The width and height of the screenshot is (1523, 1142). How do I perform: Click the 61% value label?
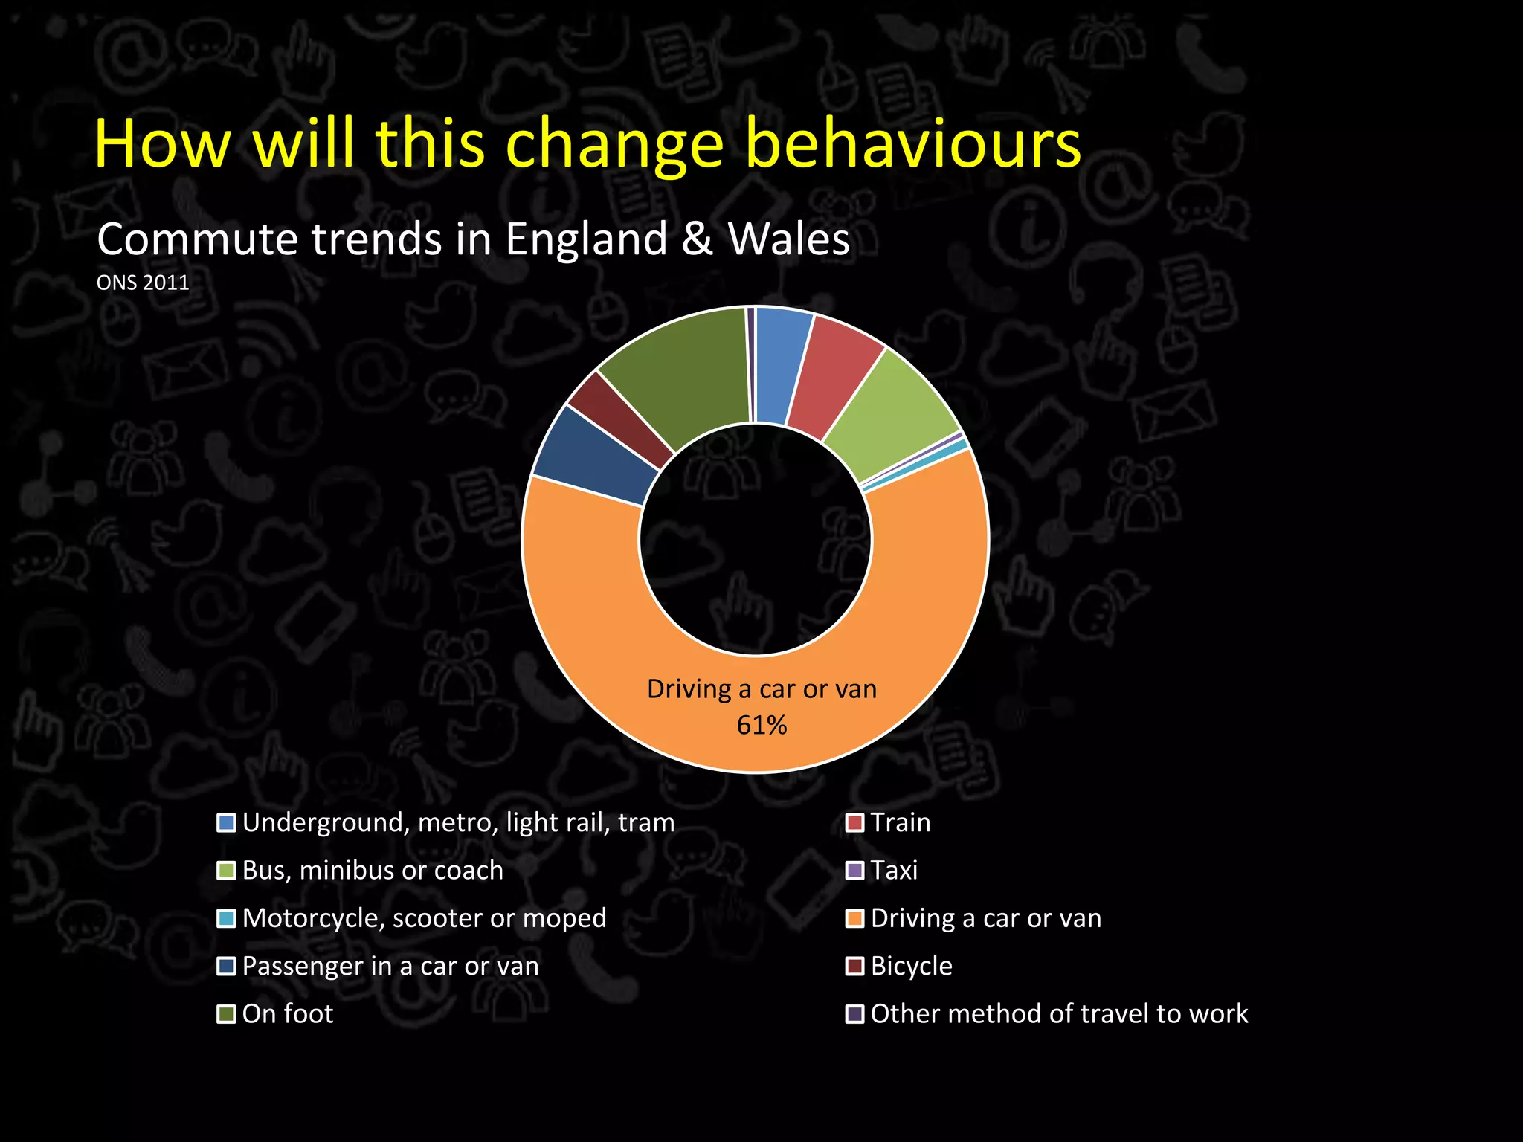761,725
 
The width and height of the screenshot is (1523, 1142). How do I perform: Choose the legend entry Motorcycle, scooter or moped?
424,918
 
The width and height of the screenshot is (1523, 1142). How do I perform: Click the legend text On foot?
288,1014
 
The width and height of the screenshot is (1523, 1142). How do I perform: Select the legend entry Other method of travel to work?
1059,1014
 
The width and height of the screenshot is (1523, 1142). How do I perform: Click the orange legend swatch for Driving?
855,918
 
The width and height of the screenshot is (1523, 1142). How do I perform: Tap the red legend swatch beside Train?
855,823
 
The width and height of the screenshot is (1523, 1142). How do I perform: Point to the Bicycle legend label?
911,966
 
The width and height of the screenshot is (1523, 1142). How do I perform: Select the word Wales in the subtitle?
788,239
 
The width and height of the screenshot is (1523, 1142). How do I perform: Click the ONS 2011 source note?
143,283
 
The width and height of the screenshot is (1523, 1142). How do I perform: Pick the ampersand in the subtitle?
697,239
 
